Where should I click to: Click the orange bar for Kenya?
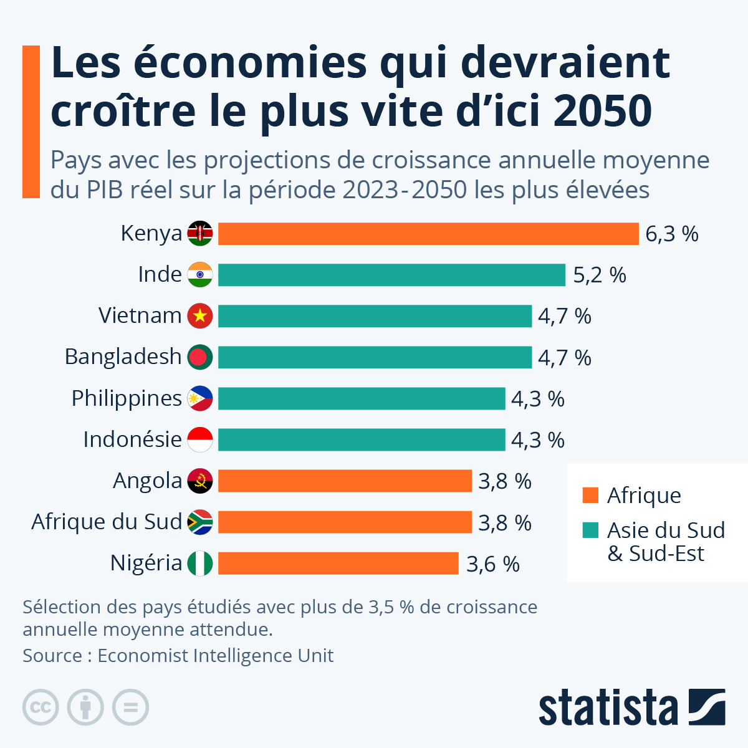point(428,234)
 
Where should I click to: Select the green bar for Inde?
point(391,275)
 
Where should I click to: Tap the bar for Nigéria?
point(338,563)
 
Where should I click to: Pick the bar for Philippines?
point(362,398)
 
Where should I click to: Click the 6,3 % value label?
point(671,234)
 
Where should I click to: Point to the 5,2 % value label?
point(599,276)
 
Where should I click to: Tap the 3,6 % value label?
point(492,564)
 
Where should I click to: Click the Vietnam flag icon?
point(200,316)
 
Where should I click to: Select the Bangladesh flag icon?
point(200,357)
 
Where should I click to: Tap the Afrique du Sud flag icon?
point(200,522)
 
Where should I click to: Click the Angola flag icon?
point(200,481)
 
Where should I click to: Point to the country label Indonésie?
point(132,439)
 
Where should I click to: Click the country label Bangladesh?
point(123,357)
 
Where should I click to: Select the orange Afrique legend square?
point(590,496)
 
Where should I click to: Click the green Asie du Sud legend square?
point(590,530)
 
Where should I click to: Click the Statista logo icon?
point(707,707)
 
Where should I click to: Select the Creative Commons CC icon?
point(41,707)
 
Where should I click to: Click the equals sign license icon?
point(130,707)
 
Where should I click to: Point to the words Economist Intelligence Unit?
point(215,656)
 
